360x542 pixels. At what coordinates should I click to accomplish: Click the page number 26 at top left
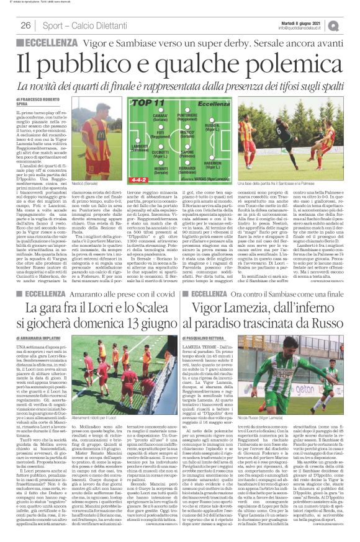[26, 25]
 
